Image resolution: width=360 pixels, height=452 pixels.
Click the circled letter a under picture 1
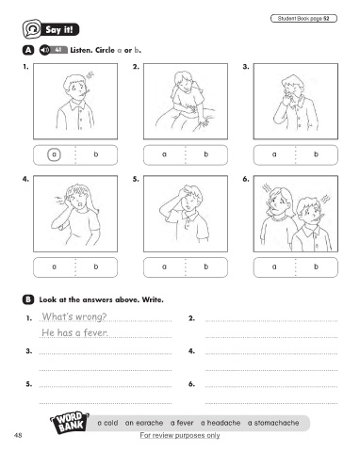[54, 154]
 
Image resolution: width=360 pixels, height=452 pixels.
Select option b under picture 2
[206, 154]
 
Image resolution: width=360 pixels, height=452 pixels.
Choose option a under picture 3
[274, 154]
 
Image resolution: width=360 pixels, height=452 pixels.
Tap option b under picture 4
[96, 266]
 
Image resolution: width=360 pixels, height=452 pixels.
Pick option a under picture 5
[164, 266]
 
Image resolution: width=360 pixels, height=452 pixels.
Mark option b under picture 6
[316, 266]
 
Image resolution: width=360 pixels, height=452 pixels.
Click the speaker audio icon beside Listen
[44, 50]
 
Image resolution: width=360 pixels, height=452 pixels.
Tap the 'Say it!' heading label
[59, 30]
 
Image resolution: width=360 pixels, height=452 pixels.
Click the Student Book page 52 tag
[303, 19]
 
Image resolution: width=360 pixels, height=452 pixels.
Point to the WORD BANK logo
[70, 423]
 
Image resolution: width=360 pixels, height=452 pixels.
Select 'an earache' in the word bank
[144, 423]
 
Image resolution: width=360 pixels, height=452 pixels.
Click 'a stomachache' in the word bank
[273, 423]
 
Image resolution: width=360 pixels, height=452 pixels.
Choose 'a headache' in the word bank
[221, 423]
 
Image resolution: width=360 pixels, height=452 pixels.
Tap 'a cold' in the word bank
[107, 423]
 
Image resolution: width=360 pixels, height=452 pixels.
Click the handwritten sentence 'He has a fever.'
[74, 332]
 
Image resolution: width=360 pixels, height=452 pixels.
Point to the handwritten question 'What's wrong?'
[74, 316]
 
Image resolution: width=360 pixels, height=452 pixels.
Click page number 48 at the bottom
[18, 435]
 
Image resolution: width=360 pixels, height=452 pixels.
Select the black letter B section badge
[28, 299]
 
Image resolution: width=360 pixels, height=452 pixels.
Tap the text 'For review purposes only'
[180, 435]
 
